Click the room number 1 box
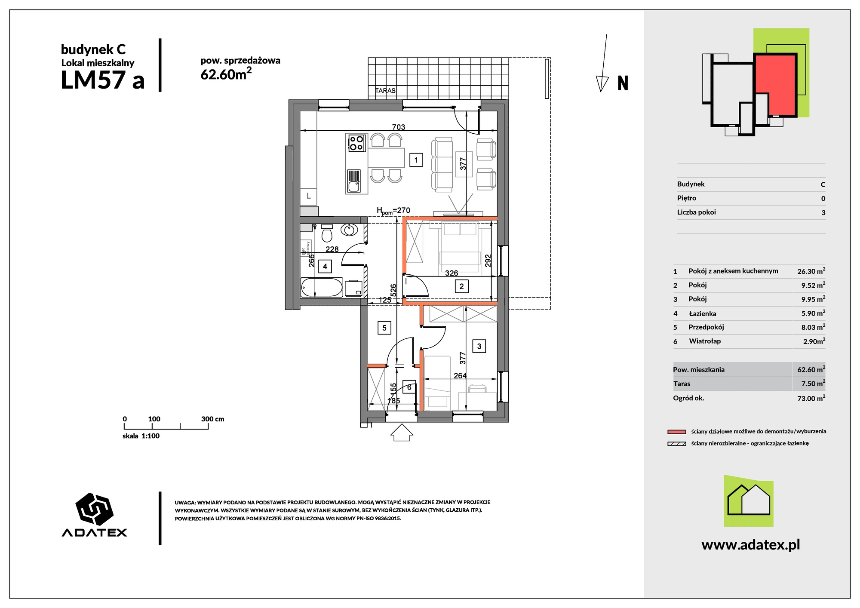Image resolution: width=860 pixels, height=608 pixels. click(416, 160)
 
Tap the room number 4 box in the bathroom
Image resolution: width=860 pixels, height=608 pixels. click(325, 267)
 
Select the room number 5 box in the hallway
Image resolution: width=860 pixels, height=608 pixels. click(384, 328)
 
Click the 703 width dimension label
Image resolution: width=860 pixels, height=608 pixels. click(399, 127)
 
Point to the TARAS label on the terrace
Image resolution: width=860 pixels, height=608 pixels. click(385, 91)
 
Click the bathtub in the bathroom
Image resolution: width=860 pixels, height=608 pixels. click(322, 287)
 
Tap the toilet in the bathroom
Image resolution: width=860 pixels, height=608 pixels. click(327, 233)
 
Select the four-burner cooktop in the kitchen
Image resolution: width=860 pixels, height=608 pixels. click(356, 143)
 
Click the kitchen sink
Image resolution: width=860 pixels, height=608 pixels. click(354, 181)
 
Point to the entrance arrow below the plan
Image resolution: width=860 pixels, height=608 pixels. click(402, 433)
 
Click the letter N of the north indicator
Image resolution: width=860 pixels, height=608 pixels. click(623, 83)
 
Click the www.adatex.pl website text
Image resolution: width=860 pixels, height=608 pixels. click(751, 545)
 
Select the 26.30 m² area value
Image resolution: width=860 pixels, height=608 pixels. click(811, 271)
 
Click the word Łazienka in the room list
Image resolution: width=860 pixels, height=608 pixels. click(703, 313)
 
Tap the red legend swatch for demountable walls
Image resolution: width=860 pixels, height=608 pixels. click(677, 432)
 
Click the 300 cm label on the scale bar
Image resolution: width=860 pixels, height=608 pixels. click(212, 419)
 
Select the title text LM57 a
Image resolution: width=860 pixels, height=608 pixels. click(103, 80)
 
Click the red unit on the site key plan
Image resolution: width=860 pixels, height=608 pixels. click(775, 84)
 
